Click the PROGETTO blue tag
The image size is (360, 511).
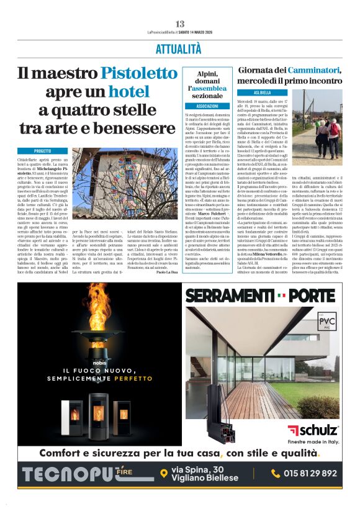tap(42, 151)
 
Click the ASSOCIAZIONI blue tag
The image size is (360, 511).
tap(203, 106)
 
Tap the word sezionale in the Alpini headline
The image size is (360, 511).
tap(203, 96)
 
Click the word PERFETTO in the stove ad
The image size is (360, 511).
tap(133, 378)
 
